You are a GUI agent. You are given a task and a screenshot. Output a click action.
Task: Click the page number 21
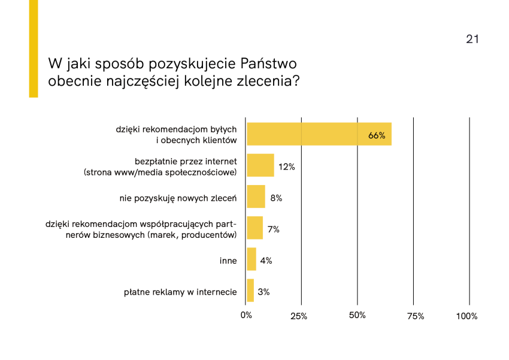[472, 40]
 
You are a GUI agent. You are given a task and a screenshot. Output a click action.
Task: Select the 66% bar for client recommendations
[319, 134]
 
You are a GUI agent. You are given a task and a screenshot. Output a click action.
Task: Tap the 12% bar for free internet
[260, 165]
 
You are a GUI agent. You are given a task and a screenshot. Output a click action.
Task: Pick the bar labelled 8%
[256, 196]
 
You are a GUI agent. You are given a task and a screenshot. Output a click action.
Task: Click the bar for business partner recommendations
[255, 228]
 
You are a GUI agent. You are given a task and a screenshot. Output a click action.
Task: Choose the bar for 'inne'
[252, 259]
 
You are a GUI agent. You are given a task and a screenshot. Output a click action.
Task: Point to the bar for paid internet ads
[250, 291]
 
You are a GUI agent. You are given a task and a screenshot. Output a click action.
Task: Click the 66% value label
[377, 135]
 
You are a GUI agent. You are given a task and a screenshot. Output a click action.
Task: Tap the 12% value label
[287, 167]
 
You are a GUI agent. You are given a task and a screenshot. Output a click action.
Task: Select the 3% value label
[263, 292]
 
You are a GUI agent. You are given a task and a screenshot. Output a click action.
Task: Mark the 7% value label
[274, 229]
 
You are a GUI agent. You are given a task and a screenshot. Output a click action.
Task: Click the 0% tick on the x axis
[246, 316]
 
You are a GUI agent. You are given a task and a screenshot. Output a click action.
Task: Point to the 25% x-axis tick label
[299, 316]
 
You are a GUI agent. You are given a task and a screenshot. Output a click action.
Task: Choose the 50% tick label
[357, 316]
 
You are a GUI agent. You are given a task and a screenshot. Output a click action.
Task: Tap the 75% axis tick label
[415, 316]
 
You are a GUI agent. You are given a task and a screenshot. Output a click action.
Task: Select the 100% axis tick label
[467, 316]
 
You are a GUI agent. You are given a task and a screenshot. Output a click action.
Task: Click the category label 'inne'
[228, 261]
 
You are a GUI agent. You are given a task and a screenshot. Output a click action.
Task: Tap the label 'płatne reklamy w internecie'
[180, 292]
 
